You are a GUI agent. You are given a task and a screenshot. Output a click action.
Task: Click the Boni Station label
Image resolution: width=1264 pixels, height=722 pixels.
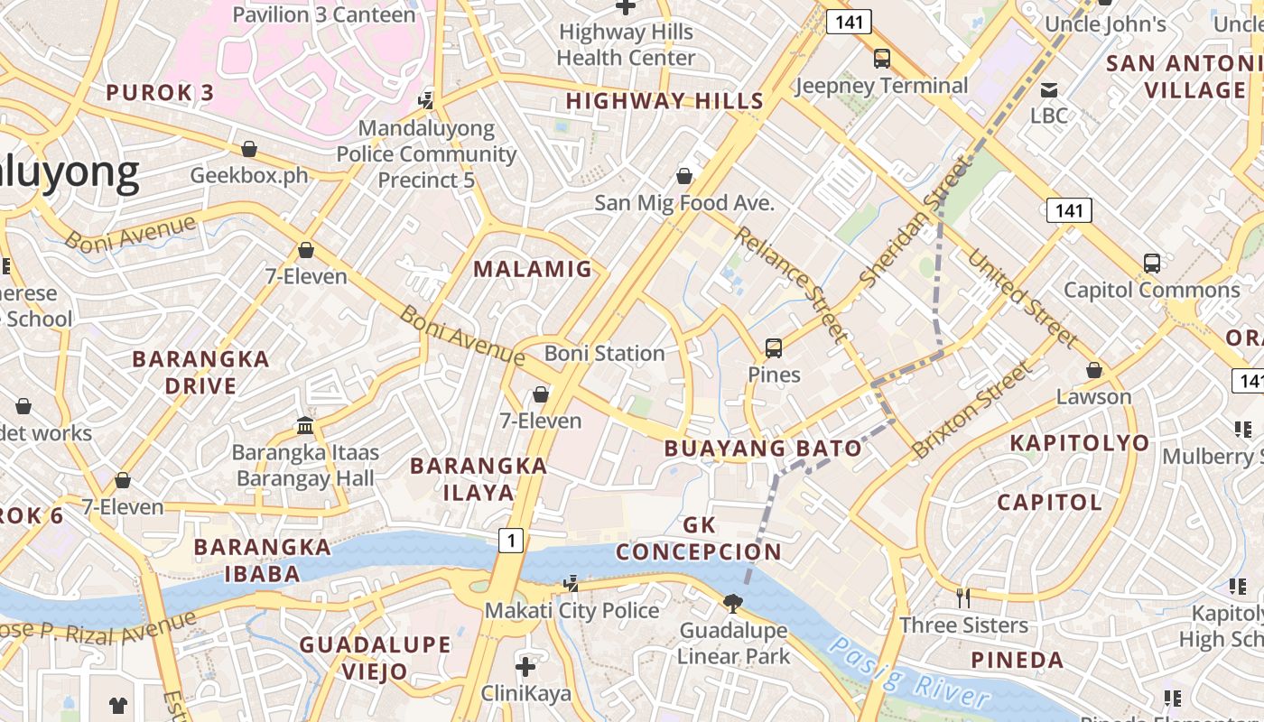(x=604, y=354)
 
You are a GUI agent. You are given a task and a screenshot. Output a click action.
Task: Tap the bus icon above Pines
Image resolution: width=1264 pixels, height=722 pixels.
(x=774, y=347)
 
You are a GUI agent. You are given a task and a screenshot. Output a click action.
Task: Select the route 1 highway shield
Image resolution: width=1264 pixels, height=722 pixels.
(x=511, y=541)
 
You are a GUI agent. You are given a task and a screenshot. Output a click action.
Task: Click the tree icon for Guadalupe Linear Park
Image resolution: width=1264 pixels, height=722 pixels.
(x=733, y=603)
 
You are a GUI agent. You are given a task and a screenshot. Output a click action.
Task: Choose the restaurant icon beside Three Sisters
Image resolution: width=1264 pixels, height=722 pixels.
(x=963, y=597)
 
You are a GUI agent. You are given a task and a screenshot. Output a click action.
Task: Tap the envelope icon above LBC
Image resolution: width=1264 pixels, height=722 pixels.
(x=1049, y=89)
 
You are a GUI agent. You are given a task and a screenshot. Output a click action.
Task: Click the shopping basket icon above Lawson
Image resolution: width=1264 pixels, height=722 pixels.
(x=1094, y=370)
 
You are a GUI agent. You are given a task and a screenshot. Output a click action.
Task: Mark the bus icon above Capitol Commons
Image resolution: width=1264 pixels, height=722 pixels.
(x=1152, y=264)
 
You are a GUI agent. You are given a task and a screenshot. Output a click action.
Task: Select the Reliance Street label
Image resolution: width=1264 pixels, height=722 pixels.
(x=791, y=284)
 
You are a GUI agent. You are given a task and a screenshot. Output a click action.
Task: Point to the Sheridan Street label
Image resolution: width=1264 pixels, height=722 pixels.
(x=915, y=221)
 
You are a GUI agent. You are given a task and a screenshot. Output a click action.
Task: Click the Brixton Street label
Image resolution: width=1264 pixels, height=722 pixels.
(x=971, y=409)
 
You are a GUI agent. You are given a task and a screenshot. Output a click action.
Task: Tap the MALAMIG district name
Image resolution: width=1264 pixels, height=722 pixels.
(x=533, y=269)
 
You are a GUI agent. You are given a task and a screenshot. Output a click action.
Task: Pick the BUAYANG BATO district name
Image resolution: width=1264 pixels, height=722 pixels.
(x=763, y=449)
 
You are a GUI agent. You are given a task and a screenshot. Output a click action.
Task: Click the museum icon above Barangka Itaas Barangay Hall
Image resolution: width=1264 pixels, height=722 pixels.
(x=305, y=425)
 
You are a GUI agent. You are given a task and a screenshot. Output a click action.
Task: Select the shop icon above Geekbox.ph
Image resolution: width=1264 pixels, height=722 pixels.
(x=249, y=149)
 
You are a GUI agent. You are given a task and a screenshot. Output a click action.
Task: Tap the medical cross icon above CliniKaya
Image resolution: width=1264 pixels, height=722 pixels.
(x=525, y=668)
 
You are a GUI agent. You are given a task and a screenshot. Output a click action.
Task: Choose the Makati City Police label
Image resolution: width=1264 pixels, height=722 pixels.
(x=572, y=611)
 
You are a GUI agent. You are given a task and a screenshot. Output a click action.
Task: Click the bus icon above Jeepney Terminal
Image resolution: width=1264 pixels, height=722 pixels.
(x=881, y=60)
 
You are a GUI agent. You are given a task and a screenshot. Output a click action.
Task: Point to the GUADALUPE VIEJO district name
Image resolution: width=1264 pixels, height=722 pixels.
(x=375, y=658)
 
